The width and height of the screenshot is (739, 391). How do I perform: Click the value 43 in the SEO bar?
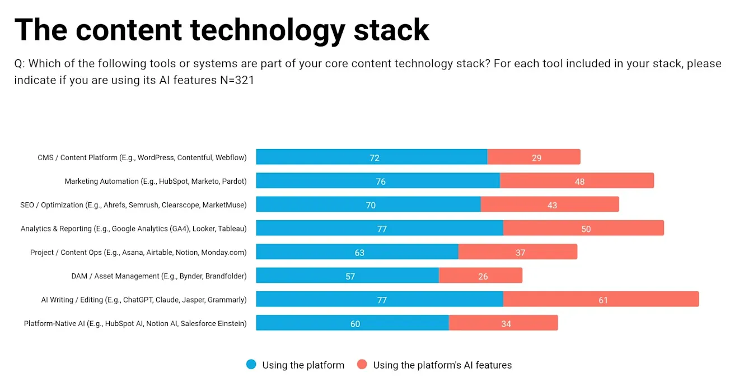point(552,205)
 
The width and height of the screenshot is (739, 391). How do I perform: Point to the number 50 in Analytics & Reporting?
point(586,229)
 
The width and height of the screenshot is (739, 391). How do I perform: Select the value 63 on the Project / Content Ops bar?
point(359,253)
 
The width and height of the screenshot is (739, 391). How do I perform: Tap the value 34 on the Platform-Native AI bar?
point(506,324)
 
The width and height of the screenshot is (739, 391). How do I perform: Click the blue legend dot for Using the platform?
point(251,365)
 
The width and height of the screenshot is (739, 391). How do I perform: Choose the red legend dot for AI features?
point(362,365)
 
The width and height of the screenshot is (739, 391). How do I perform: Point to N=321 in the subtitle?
point(237,81)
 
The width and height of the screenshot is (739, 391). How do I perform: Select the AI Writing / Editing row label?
point(143,300)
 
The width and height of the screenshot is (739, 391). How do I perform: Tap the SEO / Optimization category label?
point(133,205)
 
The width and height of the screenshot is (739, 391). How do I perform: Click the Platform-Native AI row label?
point(135,323)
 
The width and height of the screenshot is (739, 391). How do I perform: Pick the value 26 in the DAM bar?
point(483,276)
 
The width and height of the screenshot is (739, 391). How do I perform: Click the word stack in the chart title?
point(391,30)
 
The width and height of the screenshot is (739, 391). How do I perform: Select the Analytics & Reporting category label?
point(133,229)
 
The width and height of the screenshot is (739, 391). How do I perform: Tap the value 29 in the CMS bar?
point(536,158)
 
